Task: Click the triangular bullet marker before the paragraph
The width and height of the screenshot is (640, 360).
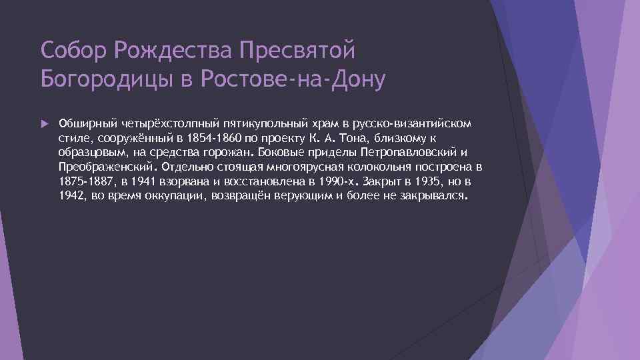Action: [x=44, y=124]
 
